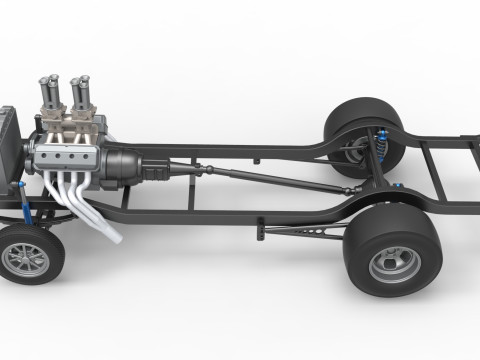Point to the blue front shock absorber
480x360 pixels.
21,204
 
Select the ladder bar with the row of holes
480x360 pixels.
300,232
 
